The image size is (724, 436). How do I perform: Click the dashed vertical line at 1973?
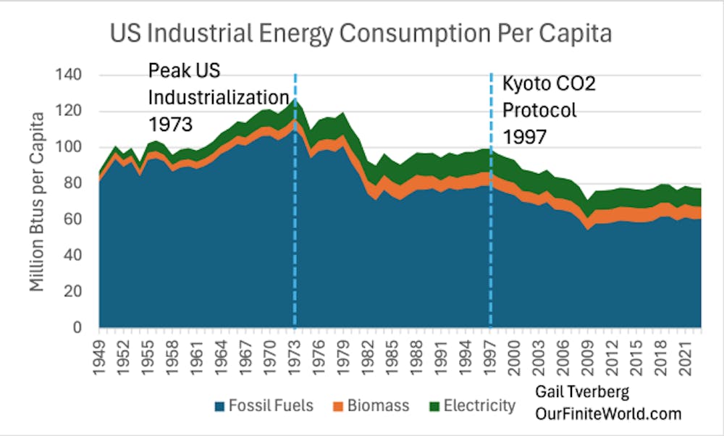[295, 217]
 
